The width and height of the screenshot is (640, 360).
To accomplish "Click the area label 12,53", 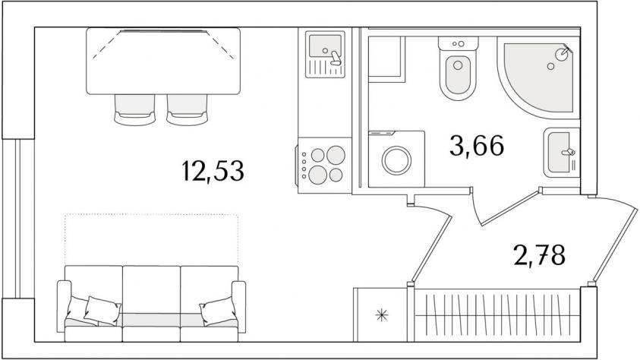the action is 213,171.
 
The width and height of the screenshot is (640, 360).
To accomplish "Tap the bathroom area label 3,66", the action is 477,146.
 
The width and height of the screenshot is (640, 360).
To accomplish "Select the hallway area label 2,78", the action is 540,254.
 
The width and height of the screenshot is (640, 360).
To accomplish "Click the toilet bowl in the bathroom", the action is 458,74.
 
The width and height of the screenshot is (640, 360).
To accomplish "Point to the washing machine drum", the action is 396,160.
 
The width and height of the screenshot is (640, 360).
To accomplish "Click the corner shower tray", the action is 538,77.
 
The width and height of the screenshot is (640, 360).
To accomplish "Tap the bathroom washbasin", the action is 562,152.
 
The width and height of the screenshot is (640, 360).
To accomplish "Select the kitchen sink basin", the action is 325,46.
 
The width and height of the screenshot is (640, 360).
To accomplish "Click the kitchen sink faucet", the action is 336,58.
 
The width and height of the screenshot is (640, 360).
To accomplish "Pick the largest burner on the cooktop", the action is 317,175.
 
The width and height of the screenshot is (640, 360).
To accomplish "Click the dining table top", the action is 163,62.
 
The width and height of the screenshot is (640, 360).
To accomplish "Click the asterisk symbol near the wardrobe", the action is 382,314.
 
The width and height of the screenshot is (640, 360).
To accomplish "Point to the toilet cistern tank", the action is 459,43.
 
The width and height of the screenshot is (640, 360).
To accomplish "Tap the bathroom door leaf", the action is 511,207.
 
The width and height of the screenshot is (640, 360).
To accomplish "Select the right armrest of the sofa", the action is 239,306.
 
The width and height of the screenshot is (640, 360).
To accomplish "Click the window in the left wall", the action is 17,219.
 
